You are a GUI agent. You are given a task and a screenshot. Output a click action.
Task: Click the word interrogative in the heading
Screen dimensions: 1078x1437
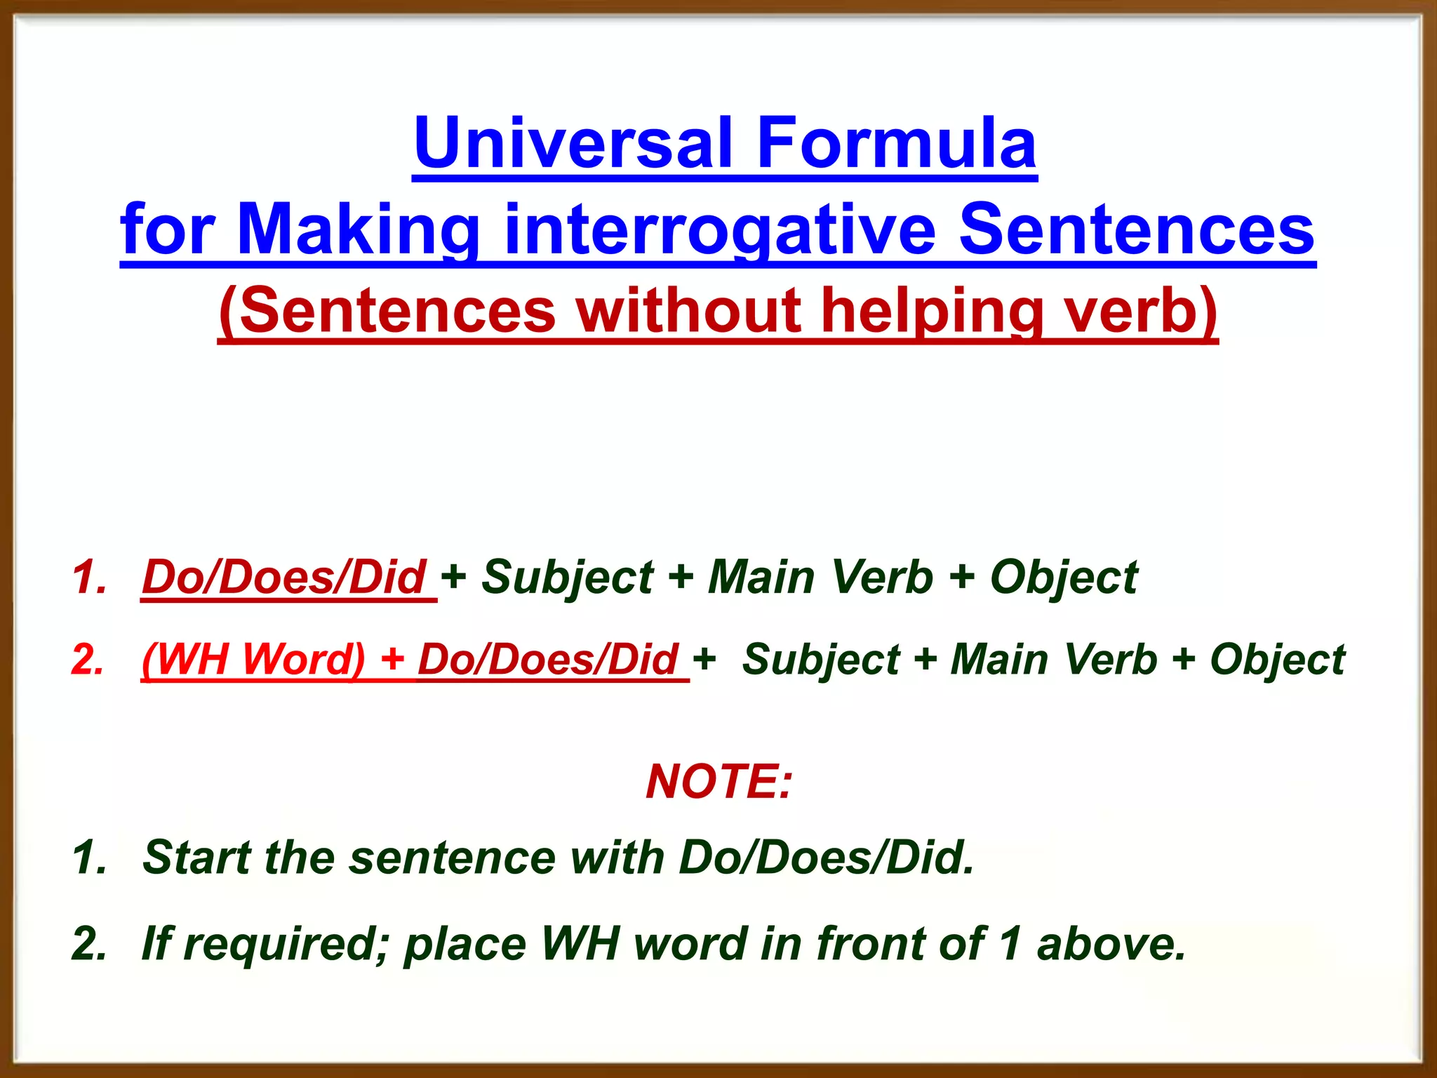pyautogui.click(x=719, y=230)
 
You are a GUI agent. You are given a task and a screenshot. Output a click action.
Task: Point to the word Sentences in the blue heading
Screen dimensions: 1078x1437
pyautogui.click(x=1136, y=230)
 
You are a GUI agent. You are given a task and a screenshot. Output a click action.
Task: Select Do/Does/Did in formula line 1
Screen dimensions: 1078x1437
pyautogui.click(x=283, y=578)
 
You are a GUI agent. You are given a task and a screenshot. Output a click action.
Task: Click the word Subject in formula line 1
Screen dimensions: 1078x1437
pyautogui.click(x=567, y=578)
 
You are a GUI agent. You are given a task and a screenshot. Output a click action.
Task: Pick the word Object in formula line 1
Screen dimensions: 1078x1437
pyautogui.click(x=1063, y=578)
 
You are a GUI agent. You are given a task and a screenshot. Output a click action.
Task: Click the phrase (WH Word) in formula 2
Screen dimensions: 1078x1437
pyautogui.click(x=253, y=660)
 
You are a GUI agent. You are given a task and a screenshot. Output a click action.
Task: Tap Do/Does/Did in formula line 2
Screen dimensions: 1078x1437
pyautogui.click(x=548, y=660)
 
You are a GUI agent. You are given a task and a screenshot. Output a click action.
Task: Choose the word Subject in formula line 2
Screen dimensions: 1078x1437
pyautogui.click(x=820, y=660)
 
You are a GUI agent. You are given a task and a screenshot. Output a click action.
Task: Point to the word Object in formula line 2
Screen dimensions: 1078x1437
pyautogui.click(x=1277, y=660)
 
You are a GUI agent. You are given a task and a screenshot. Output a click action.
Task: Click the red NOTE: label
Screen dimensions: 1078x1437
pyautogui.click(x=718, y=782)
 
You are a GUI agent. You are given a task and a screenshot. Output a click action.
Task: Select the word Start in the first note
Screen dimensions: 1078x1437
pyautogui.click(x=196, y=858)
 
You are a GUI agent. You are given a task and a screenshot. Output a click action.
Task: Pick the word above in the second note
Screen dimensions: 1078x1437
pyautogui.click(x=1111, y=944)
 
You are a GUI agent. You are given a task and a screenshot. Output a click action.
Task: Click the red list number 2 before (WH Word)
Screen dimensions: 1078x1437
pyautogui.click(x=88, y=660)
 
